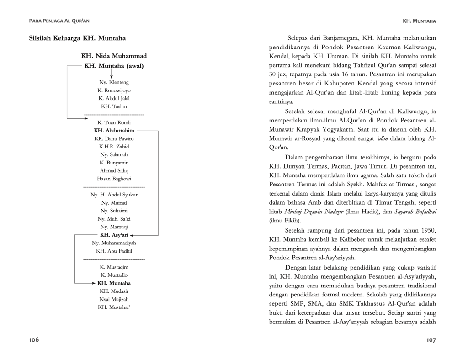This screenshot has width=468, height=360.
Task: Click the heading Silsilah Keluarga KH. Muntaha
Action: click(77, 38)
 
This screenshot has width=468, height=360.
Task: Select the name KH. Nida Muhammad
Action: click(114, 56)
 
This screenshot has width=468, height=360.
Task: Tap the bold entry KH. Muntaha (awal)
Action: click(114, 65)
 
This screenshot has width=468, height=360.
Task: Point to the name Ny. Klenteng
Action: click(114, 82)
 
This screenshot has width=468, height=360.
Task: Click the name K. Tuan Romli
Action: click(114, 122)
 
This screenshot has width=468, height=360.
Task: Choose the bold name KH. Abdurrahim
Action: click(114, 130)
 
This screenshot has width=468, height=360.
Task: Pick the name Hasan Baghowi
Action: click(114, 179)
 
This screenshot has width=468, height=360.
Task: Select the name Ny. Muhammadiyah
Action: click(114, 243)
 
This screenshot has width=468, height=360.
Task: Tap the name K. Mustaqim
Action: click(114, 267)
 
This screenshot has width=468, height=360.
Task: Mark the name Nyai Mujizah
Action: click(114, 299)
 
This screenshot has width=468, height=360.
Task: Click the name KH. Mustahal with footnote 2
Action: click(114, 307)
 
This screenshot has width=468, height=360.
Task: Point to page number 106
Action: click(34, 339)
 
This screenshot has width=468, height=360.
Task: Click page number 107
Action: click(431, 339)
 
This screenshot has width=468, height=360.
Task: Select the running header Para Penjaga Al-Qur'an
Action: click(59, 21)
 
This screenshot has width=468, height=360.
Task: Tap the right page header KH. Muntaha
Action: click(419, 21)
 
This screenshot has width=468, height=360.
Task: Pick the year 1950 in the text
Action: click(426, 229)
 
